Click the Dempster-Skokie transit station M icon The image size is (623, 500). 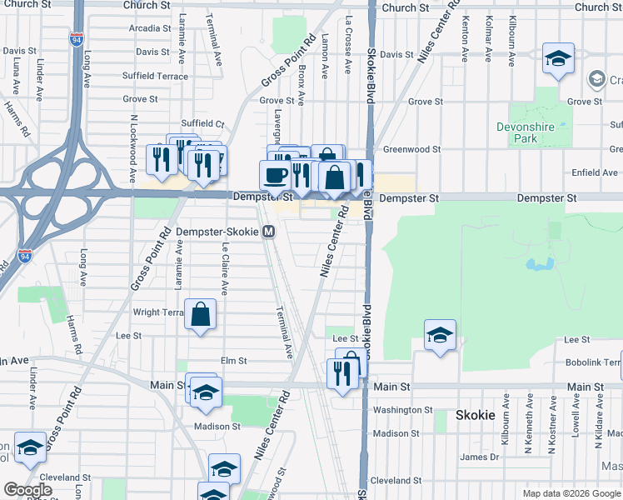269,232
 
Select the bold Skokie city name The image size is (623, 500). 476,415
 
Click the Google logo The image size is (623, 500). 28,490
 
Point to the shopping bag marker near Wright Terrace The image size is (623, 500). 201,316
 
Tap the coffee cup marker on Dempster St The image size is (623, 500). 276,175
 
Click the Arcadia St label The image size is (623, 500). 149,28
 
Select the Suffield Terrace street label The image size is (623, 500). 155,75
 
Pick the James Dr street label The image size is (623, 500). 479,457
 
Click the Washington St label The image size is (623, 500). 402,410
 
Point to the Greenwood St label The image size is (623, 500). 411,149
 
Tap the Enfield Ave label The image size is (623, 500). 595,172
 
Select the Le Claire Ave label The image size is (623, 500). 225,267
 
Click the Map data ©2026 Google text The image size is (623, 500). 570,492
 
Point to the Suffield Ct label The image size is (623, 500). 204,123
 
